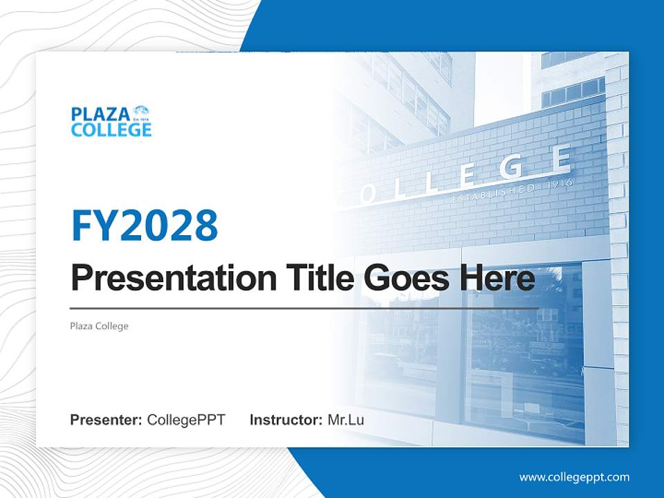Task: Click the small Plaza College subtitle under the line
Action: (x=99, y=326)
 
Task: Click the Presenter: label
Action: (x=106, y=420)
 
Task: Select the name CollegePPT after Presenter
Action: (x=186, y=420)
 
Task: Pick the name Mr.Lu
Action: (x=346, y=420)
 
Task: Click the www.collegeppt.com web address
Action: (x=574, y=477)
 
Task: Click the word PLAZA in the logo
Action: (x=100, y=114)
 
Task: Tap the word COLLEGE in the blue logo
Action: (x=111, y=129)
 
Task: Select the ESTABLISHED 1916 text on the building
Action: (x=512, y=192)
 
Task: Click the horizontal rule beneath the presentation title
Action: (x=304, y=308)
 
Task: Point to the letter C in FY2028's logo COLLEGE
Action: (x=77, y=129)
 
